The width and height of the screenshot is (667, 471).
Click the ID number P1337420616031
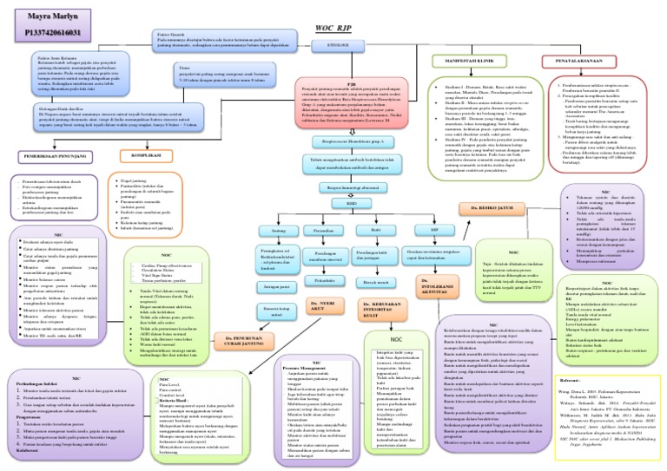41,32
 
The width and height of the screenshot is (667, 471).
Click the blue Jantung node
279,232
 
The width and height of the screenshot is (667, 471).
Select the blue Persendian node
323,232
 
